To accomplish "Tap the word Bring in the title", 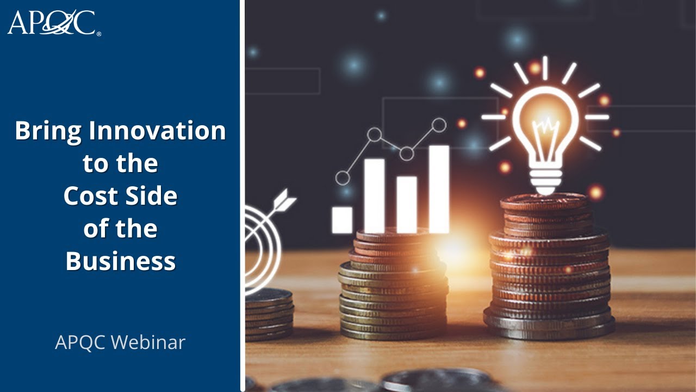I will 48,131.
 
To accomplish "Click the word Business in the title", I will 121,261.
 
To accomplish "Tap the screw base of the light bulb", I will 545,180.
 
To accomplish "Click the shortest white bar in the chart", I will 342,219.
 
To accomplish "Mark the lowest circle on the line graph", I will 343,177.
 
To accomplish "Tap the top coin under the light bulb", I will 544,201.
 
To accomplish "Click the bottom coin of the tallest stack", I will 549,329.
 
